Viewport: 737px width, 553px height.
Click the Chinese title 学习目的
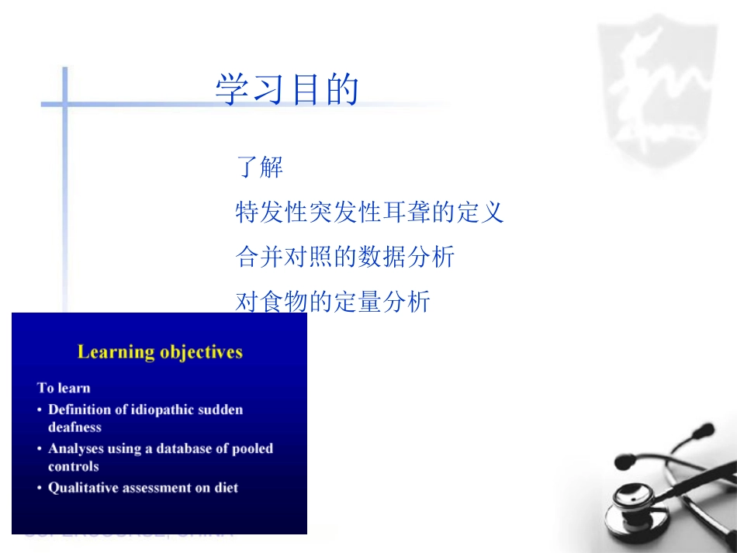pyautogui.click(x=287, y=90)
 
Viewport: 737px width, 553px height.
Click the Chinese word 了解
pyautogui.click(x=260, y=167)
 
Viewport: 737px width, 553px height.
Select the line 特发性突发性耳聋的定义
pyautogui.click(x=369, y=212)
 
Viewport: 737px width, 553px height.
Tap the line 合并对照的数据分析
pyautogui.click(x=344, y=257)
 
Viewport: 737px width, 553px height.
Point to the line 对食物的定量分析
pyautogui.click(x=332, y=302)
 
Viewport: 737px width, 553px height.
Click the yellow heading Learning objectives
pyautogui.click(x=160, y=352)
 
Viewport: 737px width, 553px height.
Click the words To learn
pyautogui.click(x=64, y=388)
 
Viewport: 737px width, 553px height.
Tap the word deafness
pyautogui.click(x=74, y=427)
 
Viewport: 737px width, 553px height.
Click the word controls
pyautogui.click(x=74, y=466)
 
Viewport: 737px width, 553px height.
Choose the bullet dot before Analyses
pyautogui.click(x=40, y=449)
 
